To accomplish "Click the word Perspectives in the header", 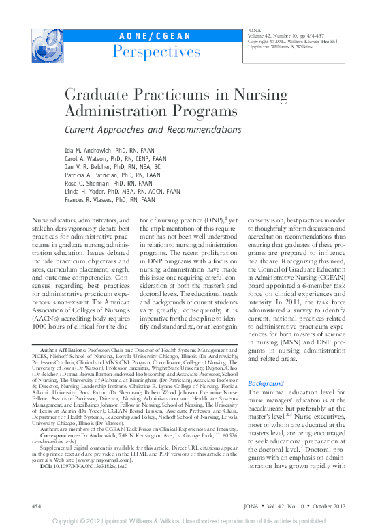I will tap(157, 51).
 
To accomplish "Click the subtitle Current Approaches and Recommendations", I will tap(153, 129).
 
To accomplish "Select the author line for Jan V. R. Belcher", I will tap(112, 166).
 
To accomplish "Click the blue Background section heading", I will tap(266, 384).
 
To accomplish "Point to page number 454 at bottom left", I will tap(38, 505).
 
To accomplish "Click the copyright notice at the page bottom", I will tap(190, 520).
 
